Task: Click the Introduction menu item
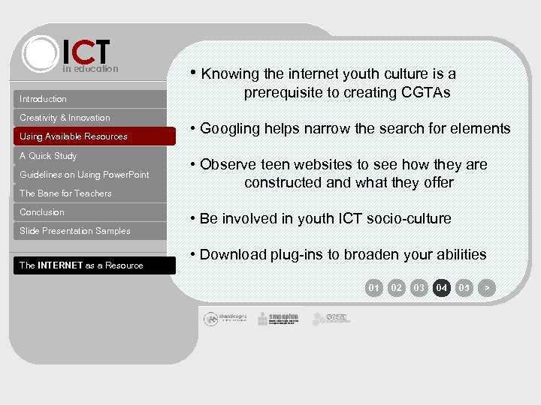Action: point(44,99)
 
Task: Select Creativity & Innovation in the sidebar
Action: point(65,118)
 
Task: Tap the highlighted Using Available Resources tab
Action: point(74,136)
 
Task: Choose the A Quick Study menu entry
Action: point(48,156)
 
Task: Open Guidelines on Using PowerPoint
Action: point(84,175)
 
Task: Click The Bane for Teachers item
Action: point(65,193)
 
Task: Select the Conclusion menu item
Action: point(42,212)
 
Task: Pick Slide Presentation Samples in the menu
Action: point(75,231)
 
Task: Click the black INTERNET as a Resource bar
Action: point(81,265)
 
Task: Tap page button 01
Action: point(374,287)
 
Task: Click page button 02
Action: point(397,287)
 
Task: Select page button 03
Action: point(419,287)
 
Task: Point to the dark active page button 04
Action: point(442,287)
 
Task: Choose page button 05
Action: point(464,287)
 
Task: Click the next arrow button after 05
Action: point(487,287)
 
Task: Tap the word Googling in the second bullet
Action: point(230,129)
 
